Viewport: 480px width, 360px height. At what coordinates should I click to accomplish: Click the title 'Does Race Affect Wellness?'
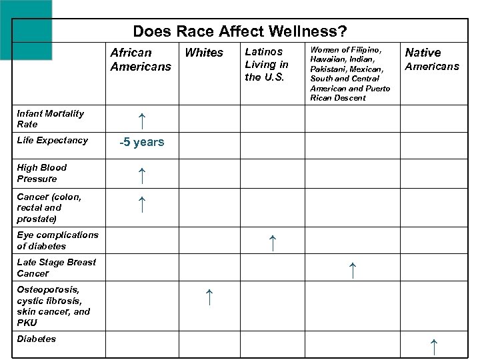tap(239, 31)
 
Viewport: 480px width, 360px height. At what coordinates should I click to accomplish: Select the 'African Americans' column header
tap(141, 59)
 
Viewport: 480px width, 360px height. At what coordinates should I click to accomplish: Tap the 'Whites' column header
tap(204, 53)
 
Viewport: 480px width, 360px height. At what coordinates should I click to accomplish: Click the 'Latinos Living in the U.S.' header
tap(267, 64)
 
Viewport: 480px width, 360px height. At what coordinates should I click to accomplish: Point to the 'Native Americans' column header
tap(432, 59)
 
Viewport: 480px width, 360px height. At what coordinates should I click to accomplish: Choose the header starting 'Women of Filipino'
tap(350, 74)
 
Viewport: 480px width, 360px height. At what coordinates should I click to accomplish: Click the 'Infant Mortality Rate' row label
tap(50, 119)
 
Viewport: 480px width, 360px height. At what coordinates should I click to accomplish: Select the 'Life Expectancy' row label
tap(52, 140)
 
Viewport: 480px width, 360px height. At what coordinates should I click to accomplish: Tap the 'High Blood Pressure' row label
tap(41, 173)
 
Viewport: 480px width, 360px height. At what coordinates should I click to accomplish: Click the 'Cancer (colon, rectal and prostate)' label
tap(49, 207)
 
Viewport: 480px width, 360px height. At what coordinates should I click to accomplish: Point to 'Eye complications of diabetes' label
tap(57, 240)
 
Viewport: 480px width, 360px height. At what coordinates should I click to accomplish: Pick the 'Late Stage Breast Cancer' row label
tap(56, 267)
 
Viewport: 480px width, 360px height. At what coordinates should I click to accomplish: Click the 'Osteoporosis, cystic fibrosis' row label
tap(53, 305)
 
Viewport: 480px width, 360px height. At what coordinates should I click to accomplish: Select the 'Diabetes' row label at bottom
tap(37, 339)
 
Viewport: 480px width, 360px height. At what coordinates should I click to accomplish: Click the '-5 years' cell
tap(141, 142)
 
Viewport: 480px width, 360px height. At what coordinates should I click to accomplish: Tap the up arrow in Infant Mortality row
tap(141, 121)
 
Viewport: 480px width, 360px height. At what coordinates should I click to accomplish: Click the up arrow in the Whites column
tap(209, 297)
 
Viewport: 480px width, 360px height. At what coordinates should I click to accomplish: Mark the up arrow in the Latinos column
tap(271, 243)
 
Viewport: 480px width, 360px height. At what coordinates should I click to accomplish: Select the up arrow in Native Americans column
tap(434, 346)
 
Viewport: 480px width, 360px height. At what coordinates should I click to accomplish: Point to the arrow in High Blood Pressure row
tap(141, 176)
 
